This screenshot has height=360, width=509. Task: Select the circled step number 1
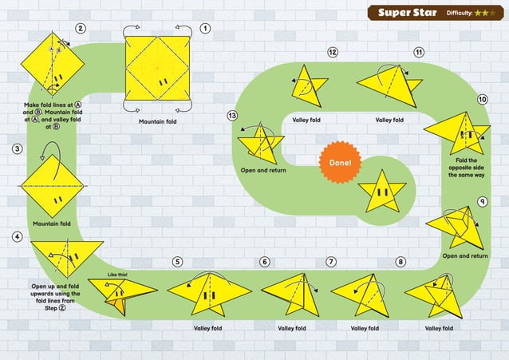(205, 29)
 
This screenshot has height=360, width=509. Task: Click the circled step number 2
(81, 29)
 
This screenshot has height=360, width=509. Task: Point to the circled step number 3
(17, 149)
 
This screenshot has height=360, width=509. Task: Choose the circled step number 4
(17, 237)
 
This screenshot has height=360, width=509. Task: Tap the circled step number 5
(177, 262)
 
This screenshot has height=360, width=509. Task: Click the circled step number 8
(400, 262)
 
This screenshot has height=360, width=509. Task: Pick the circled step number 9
(483, 201)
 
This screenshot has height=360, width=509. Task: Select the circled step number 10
(482, 99)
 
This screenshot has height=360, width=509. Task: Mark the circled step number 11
(418, 53)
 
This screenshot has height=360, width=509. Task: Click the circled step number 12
(333, 53)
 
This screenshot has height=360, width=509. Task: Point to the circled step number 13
(232, 116)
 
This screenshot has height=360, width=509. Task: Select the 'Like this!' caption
(117, 274)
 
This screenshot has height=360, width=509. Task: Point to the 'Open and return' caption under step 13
(263, 170)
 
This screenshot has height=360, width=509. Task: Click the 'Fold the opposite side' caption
(464, 166)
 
